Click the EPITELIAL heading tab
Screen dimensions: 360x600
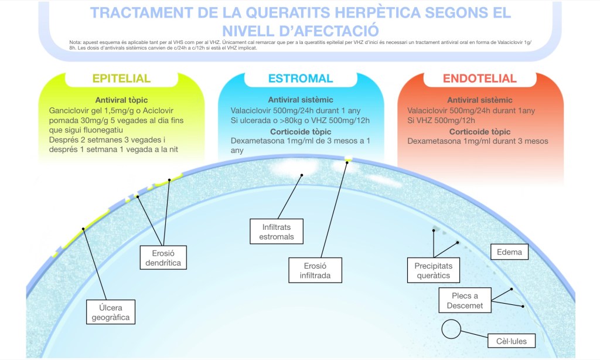[x=121, y=79]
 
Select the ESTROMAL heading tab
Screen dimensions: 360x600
[x=301, y=79]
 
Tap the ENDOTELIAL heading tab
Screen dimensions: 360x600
[x=479, y=79]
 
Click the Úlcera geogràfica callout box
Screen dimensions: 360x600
[x=110, y=311]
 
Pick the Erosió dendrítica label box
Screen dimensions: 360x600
[x=164, y=257]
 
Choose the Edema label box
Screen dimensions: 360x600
[x=509, y=253]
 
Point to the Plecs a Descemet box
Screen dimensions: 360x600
[x=465, y=301]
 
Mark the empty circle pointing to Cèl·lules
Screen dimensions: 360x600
[x=451, y=330]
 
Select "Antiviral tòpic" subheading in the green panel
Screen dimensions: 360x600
[x=122, y=100]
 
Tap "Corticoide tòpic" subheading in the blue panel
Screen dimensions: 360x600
[x=300, y=131]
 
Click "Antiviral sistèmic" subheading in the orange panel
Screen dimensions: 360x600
[x=479, y=100]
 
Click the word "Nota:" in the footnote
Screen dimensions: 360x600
[x=74, y=42]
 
